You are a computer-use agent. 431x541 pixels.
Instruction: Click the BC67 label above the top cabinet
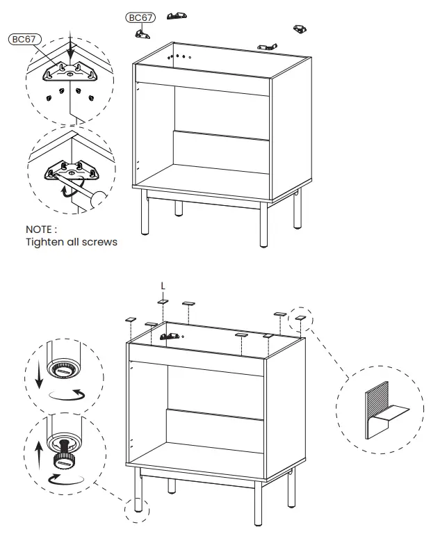140,17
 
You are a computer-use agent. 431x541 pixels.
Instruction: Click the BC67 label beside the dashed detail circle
23,40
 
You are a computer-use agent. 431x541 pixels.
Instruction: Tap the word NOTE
41,229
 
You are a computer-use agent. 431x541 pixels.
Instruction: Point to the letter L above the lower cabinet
163,286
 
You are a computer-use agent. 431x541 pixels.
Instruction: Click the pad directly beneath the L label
162,302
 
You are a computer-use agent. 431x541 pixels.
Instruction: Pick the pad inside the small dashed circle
300,316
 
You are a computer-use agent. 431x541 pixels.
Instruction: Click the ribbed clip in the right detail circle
375,411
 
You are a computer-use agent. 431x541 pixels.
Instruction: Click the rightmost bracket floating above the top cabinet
300,29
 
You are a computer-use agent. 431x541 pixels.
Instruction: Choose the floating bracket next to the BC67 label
145,32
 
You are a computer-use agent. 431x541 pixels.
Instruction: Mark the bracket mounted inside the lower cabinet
169,337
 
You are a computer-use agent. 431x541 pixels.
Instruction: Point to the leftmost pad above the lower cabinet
130,318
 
